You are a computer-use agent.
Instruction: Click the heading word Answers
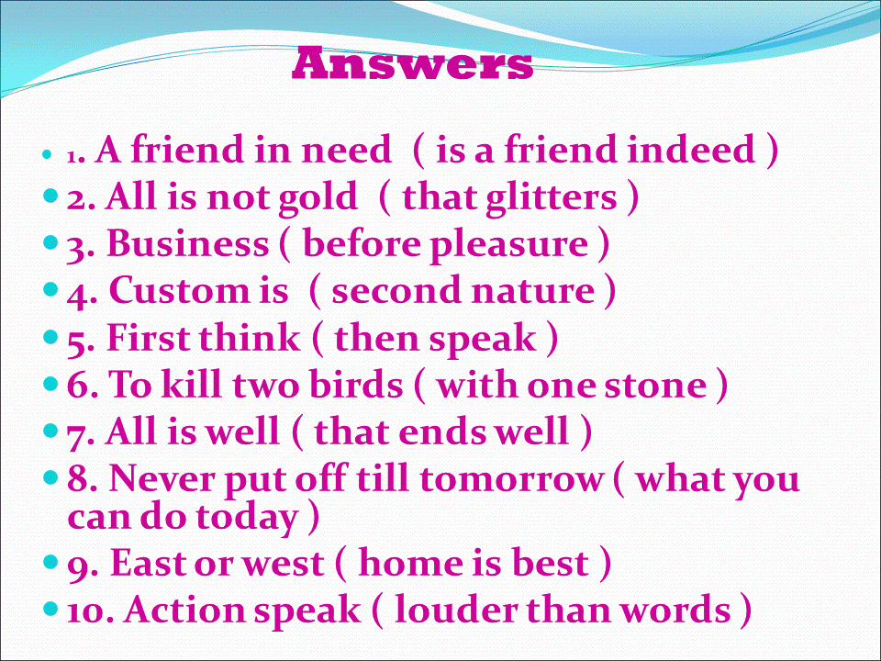pyautogui.click(x=412, y=63)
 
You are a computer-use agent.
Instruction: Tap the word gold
pyautogui.click(x=318, y=199)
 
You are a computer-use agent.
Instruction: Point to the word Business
pyautogui.click(x=187, y=243)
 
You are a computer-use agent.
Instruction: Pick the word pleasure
pyautogui.click(x=509, y=246)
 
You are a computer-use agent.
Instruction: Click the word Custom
pyautogui.click(x=179, y=291)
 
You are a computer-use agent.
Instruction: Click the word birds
pyautogui.click(x=356, y=385)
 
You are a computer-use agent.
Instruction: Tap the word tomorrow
pyautogui.click(x=511, y=479)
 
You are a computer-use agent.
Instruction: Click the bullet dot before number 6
pyautogui.click(x=50, y=384)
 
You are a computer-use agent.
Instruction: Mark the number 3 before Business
pyautogui.click(x=76, y=249)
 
